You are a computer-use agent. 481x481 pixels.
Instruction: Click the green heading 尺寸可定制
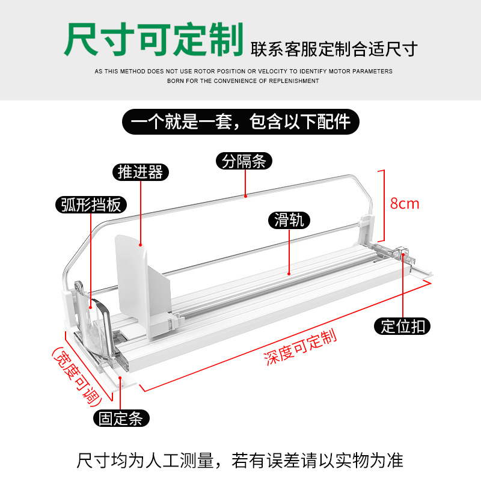(153, 40)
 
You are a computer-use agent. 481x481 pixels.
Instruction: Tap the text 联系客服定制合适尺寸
(334, 48)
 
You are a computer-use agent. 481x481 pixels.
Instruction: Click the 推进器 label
(140, 173)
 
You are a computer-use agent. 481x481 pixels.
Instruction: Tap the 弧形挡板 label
(91, 205)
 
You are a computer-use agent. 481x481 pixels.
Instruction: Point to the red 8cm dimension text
(405, 203)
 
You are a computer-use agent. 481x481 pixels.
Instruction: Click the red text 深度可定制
(299, 348)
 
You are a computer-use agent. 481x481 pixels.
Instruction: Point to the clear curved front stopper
(96, 325)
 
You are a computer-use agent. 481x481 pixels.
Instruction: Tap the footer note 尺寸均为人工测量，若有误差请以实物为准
(240, 461)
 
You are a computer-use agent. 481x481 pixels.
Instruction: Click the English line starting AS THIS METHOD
(243, 71)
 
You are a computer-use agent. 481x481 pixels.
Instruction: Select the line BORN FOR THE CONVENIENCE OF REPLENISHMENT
(243, 81)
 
